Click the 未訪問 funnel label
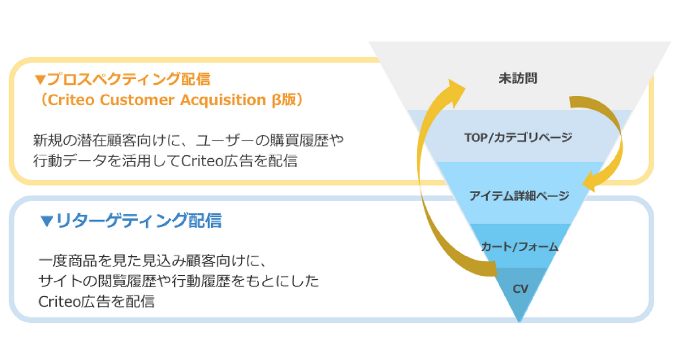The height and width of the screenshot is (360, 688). tap(518, 79)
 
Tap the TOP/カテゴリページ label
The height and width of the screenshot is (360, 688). tap(518, 138)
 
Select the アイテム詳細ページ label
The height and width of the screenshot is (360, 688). tap(519, 195)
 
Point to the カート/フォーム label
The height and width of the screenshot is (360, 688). tap(519, 246)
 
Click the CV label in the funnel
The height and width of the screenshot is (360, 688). tap(521, 289)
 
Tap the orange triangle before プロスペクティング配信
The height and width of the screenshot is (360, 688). tap(40, 80)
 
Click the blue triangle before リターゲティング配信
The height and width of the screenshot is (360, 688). tap(46, 221)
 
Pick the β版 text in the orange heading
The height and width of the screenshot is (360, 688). tap(284, 100)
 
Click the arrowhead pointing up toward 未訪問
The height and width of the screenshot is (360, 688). tap(456, 92)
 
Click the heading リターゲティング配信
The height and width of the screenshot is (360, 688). tap(139, 221)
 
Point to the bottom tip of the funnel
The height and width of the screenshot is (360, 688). tap(519, 322)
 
